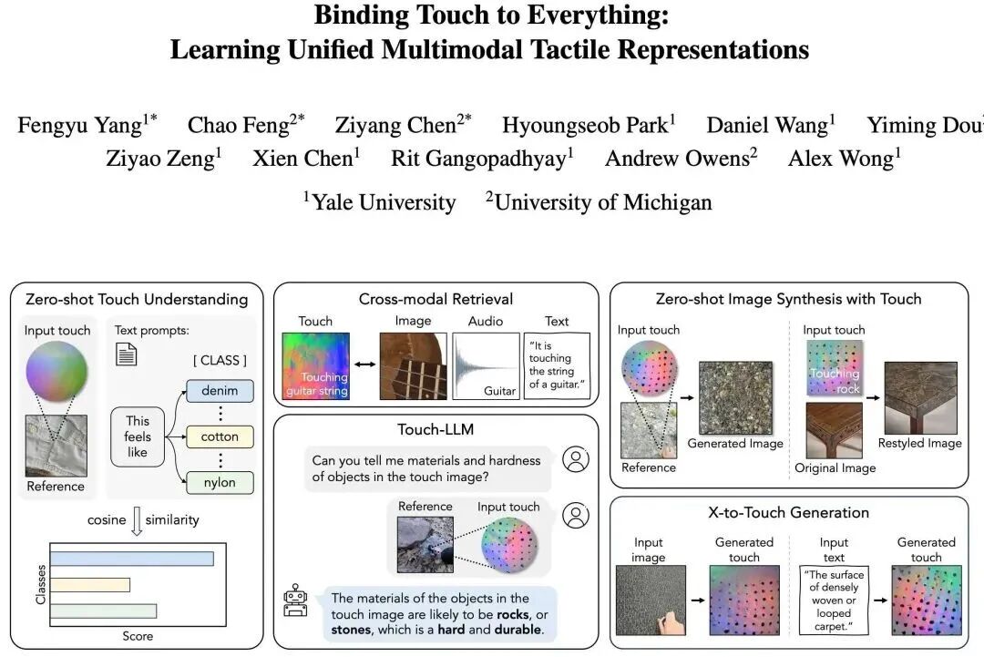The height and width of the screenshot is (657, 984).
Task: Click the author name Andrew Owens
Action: (x=681, y=159)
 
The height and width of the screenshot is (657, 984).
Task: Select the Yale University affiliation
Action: (x=380, y=202)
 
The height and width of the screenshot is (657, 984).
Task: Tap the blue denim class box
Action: (x=220, y=390)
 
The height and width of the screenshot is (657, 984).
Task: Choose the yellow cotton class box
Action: (x=220, y=436)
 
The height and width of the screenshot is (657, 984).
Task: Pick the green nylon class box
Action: (x=220, y=483)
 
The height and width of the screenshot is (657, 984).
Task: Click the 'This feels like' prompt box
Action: (x=138, y=436)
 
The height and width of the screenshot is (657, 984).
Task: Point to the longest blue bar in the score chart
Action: (x=132, y=558)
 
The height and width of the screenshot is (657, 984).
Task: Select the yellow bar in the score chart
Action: (x=89, y=585)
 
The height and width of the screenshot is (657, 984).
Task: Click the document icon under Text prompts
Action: (x=126, y=354)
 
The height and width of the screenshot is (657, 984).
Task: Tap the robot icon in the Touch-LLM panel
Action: (x=295, y=601)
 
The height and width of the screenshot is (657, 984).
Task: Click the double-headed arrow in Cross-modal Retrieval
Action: (x=364, y=364)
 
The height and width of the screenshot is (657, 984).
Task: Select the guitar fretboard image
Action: (x=413, y=366)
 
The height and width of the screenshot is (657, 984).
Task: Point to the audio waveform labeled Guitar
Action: (x=486, y=366)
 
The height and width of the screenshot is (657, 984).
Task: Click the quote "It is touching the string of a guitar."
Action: (x=557, y=364)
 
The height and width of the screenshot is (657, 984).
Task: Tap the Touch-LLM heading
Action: (x=436, y=430)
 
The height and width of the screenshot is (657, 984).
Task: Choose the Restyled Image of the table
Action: (x=920, y=398)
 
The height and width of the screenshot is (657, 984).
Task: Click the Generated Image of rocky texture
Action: (x=735, y=398)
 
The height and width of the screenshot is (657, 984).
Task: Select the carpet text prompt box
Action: (x=834, y=601)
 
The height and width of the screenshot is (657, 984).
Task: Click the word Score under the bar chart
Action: (x=138, y=636)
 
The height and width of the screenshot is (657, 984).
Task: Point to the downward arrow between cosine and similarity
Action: (x=137, y=521)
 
